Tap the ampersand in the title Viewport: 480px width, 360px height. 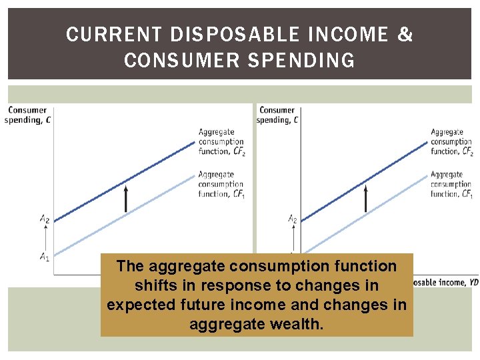point(405,35)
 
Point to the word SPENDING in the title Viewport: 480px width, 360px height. point(306,61)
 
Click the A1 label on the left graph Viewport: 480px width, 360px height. point(44,257)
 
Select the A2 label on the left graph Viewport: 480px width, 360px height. point(44,218)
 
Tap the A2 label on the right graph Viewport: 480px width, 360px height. point(293,218)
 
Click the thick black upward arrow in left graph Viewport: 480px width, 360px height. point(125,199)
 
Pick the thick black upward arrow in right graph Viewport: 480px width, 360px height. point(365,199)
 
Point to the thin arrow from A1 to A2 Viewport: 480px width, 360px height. point(45,237)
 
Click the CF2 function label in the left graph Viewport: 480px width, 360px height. point(221,141)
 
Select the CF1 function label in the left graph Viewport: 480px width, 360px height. point(221,184)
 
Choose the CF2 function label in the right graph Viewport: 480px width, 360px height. point(451,141)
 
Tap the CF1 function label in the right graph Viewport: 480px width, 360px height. point(451,184)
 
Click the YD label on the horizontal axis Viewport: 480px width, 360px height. point(472,282)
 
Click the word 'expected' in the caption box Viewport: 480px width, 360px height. point(138,305)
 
